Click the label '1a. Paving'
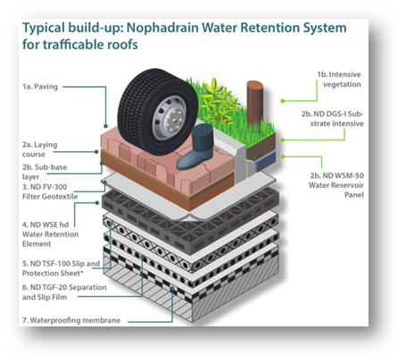click(x=40, y=87)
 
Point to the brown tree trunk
click(x=254, y=102)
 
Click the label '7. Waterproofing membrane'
click(x=71, y=320)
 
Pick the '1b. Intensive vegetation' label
click(x=339, y=80)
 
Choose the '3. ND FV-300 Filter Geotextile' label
click(x=50, y=191)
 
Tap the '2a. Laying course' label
click(x=40, y=149)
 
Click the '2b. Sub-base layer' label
click(x=45, y=172)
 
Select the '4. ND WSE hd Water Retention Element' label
click(x=51, y=234)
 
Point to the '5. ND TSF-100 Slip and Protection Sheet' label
click(x=61, y=268)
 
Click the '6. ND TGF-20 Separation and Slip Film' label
click(x=64, y=292)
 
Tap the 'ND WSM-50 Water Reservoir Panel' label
click(x=336, y=185)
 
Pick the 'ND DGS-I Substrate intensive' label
click(x=333, y=119)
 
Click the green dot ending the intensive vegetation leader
click(x=282, y=101)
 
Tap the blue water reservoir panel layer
click(x=266, y=160)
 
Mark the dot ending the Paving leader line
click(x=105, y=126)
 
